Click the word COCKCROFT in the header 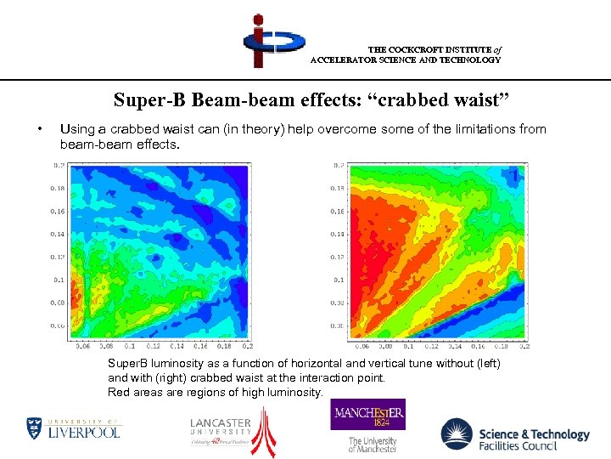point(412,49)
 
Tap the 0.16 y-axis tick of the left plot point(58,210)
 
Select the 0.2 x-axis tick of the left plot point(247,347)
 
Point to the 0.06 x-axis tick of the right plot point(362,347)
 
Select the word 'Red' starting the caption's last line point(118,392)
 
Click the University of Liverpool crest point(35,428)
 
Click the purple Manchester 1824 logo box point(367,415)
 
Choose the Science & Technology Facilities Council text point(533,439)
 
